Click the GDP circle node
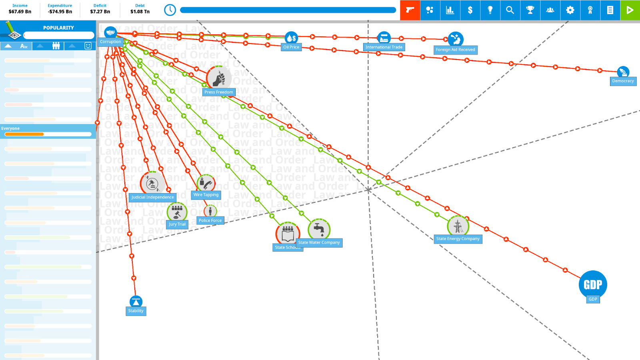[593, 284]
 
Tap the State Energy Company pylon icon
[458, 226]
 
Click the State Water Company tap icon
[319, 229]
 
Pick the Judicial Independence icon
[152, 184]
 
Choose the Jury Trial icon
[177, 212]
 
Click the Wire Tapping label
[206, 195]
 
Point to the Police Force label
[210, 220]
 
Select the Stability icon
[136, 302]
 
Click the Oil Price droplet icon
[291, 38]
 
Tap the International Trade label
[384, 47]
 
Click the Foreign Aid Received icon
[456, 39]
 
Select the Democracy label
[623, 81]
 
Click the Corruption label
[110, 42]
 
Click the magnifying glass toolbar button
[510, 10]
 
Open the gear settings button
[570, 10]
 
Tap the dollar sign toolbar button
[470, 10]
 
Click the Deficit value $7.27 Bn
[100, 12]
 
